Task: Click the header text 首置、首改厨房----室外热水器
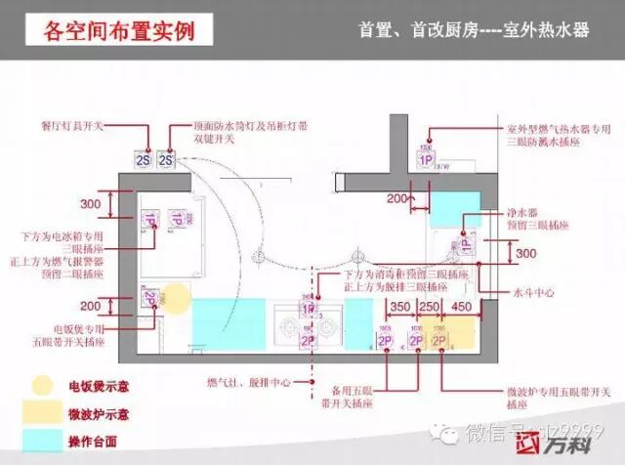click(x=475, y=30)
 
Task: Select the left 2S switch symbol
click(x=142, y=159)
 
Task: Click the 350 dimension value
click(x=398, y=307)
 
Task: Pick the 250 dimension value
click(x=428, y=307)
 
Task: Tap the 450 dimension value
click(x=461, y=307)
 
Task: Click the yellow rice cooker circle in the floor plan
click(x=176, y=296)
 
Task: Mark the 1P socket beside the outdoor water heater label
click(x=426, y=159)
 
